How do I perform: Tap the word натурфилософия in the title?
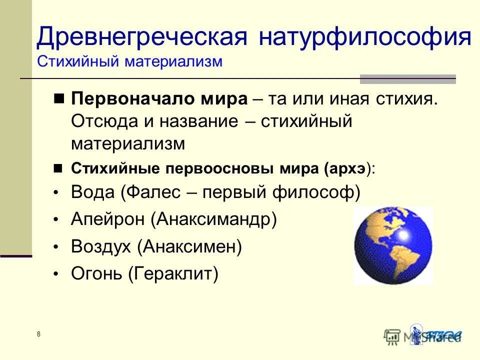pyautogui.click(x=365, y=38)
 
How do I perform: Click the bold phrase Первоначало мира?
pyautogui.click(x=159, y=98)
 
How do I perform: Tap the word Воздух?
pyautogui.click(x=102, y=246)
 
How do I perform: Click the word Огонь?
pyautogui.click(x=97, y=273)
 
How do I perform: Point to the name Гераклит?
pyautogui.click(x=173, y=273)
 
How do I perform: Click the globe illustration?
pyautogui.click(x=393, y=245)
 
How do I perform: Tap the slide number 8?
pyautogui.click(x=38, y=334)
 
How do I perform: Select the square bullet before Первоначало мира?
pyautogui.click(x=59, y=98)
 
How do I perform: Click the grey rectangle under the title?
pyautogui.click(x=407, y=79)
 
